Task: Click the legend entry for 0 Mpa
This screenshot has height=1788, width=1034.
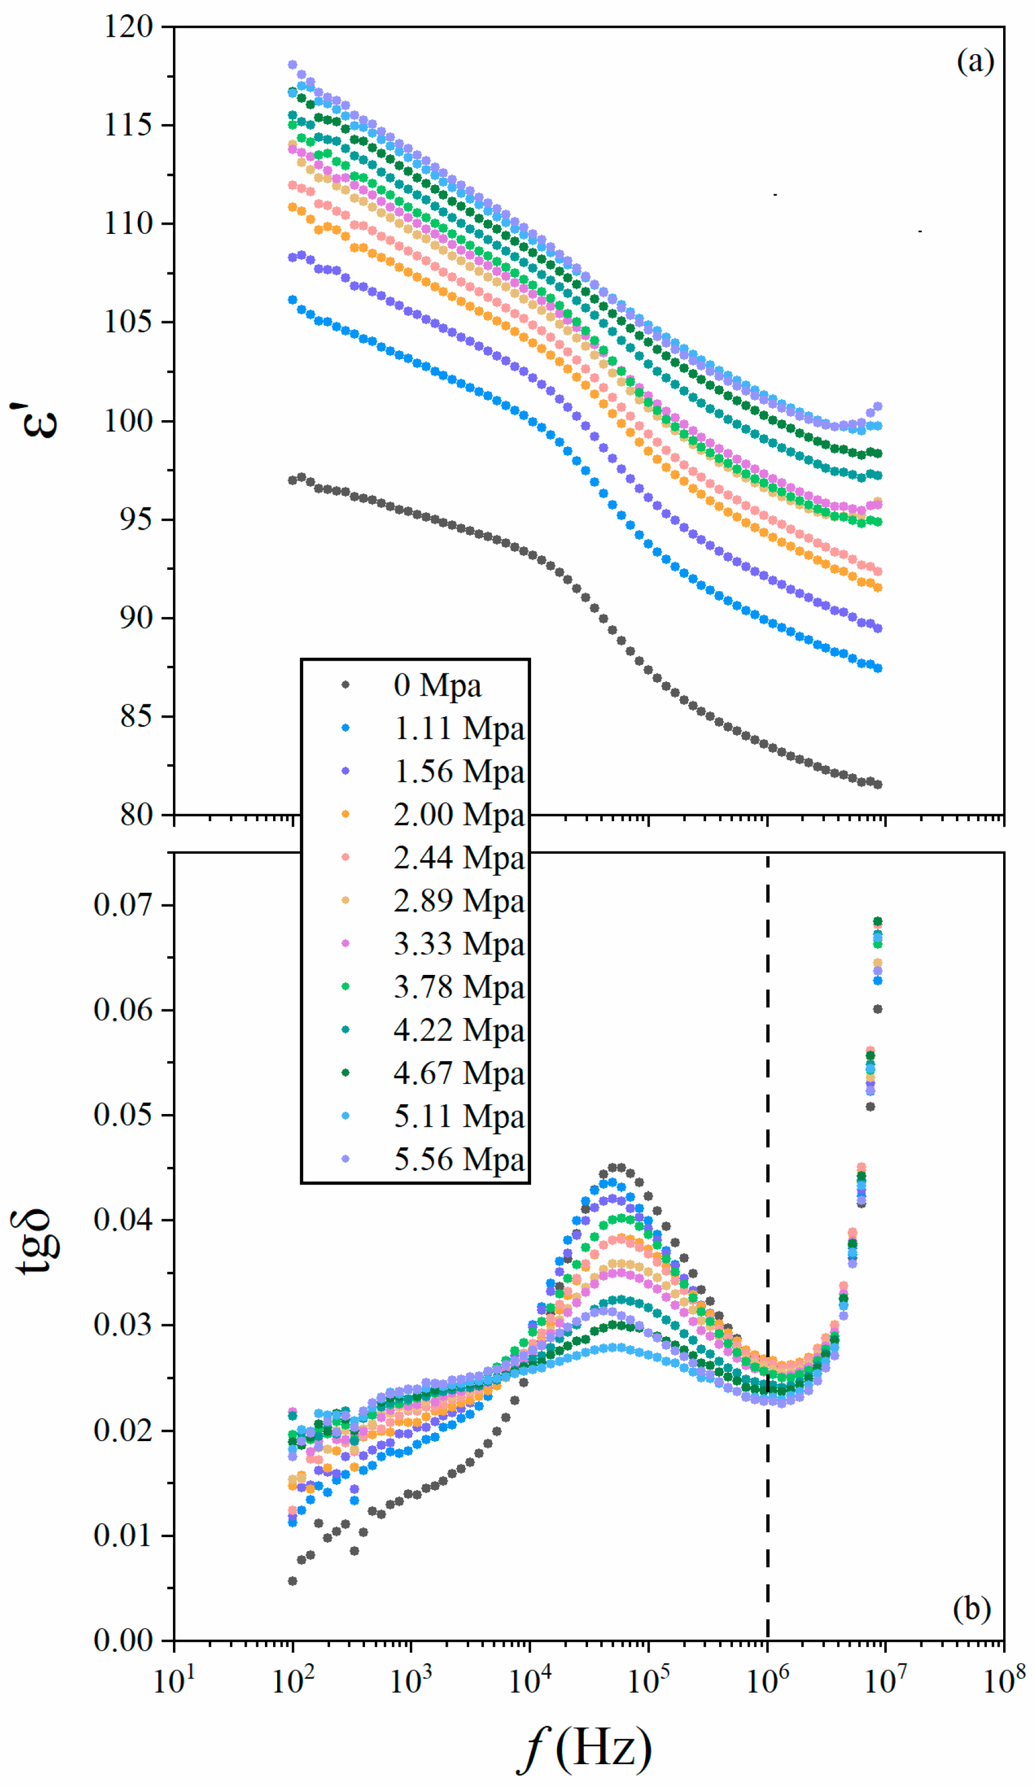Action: click(437, 686)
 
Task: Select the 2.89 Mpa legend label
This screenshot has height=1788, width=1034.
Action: click(458, 902)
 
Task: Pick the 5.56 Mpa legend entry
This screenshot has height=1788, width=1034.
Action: click(458, 1160)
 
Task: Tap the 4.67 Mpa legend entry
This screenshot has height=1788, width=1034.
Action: click(458, 1073)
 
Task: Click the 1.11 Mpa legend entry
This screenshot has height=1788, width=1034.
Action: click(458, 729)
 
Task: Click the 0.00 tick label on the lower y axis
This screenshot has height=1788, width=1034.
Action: click(123, 1640)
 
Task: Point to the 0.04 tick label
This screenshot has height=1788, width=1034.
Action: click(123, 1221)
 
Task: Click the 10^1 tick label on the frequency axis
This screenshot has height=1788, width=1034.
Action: click(174, 1679)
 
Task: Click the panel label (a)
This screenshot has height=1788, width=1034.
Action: click(975, 62)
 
